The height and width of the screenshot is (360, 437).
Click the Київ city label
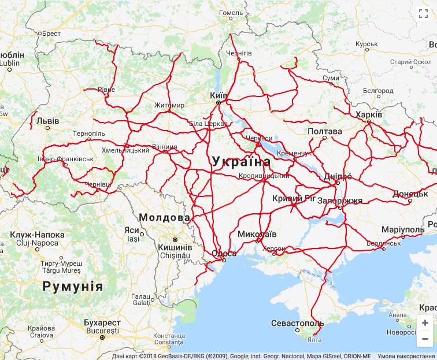pos(219,94)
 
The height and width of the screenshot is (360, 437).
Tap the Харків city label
pos(369,114)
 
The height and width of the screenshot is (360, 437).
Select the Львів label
pos(47,121)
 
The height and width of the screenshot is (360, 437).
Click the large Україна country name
pos(241,162)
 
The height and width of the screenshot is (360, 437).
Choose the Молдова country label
pos(164,217)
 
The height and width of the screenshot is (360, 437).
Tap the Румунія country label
pos(72,287)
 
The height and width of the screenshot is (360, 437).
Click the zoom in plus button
pos(425,323)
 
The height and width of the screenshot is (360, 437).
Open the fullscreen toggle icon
pos(423,12)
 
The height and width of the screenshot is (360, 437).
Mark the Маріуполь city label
pos(403,229)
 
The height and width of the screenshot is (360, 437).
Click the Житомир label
pos(169,105)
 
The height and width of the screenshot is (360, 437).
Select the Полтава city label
pos(324,131)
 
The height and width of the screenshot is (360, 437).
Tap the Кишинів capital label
pos(174,247)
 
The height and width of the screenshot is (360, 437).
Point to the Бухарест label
pos(102,322)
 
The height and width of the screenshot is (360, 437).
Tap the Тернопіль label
pos(89,133)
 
